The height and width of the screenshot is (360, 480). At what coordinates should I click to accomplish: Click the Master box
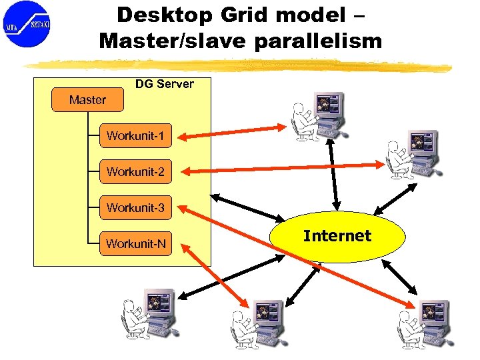point(87,100)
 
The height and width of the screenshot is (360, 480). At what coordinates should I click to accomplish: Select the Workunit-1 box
point(135,137)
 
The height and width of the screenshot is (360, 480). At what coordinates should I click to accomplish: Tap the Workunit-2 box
point(135,172)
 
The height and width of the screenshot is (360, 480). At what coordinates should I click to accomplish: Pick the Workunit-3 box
point(135,208)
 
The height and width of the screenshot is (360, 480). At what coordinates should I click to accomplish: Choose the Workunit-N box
point(135,244)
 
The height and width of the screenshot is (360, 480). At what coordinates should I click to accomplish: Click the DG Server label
point(164,84)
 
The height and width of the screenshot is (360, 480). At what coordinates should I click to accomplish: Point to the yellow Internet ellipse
point(337,236)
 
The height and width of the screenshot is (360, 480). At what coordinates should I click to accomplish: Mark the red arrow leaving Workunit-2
point(280,167)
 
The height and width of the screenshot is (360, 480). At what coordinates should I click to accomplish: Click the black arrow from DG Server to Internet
point(247,208)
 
